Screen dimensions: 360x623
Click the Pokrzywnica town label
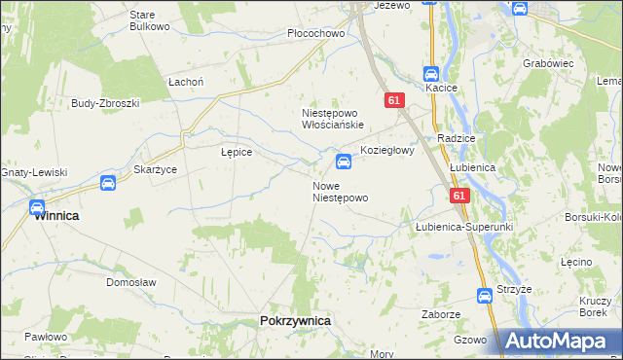click(x=296, y=320)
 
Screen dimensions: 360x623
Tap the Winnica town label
click(x=56, y=217)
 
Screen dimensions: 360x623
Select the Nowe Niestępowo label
click(x=340, y=192)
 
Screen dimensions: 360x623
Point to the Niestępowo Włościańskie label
click(x=332, y=119)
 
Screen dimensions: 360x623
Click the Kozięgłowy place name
click(x=388, y=151)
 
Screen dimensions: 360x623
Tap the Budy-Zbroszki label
click(x=106, y=103)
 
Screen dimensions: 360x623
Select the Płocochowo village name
click(x=317, y=33)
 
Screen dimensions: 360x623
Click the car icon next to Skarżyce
click(x=108, y=182)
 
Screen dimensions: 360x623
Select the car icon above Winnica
click(x=37, y=207)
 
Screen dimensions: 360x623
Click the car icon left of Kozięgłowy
click(x=344, y=162)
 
